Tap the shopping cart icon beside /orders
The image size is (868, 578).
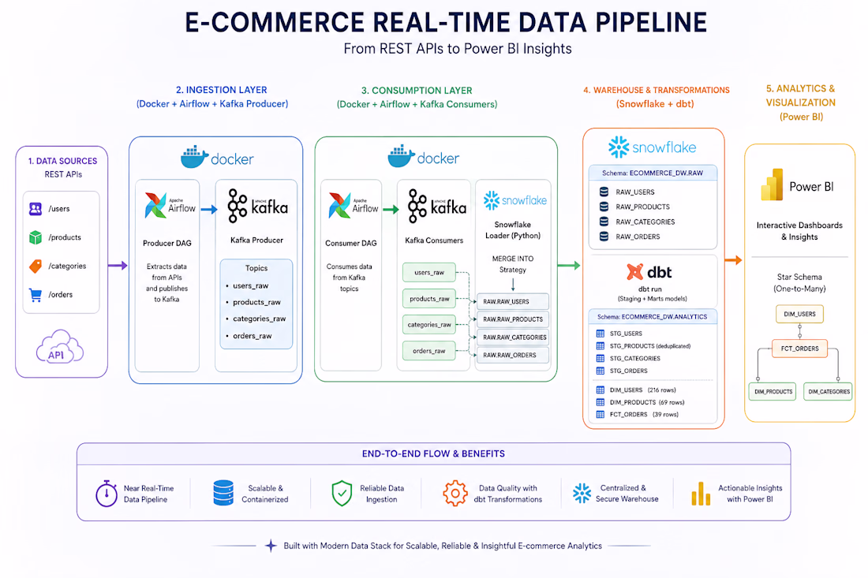click(36, 295)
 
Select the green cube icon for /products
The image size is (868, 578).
click(36, 237)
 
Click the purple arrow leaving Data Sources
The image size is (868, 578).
click(118, 266)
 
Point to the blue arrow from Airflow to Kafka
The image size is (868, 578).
click(208, 210)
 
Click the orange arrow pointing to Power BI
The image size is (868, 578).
click(733, 260)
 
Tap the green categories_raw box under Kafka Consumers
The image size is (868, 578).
click(429, 325)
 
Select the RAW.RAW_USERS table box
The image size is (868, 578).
click(513, 301)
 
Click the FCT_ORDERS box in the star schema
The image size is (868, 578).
click(799, 349)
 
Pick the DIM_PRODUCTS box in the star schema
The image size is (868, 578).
click(773, 392)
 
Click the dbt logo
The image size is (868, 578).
click(649, 272)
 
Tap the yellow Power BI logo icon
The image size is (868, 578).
click(773, 185)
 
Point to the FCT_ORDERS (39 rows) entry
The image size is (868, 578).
click(637, 414)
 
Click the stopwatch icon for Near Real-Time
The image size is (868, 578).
click(107, 494)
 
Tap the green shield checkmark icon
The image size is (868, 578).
click(342, 494)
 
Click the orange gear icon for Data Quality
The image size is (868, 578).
click(455, 494)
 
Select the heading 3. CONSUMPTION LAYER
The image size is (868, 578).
click(417, 90)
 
